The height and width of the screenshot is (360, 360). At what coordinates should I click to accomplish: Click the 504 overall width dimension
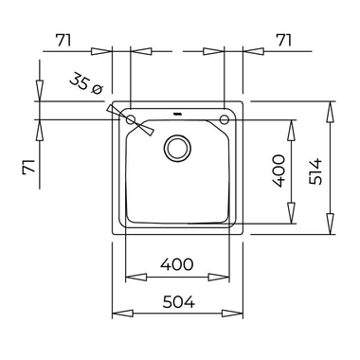pyautogui.click(x=179, y=302)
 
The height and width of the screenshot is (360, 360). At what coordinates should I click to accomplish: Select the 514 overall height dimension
pyautogui.click(x=315, y=171)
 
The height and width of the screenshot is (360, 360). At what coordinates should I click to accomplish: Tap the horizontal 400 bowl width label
pyautogui.click(x=176, y=264)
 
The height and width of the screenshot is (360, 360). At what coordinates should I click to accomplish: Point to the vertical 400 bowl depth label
pyautogui.click(x=279, y=171)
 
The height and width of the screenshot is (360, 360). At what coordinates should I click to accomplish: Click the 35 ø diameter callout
pyautogui.click(x=86, y=83)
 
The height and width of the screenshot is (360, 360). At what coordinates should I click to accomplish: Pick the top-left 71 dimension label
pyautogui.click(x=63, y=40)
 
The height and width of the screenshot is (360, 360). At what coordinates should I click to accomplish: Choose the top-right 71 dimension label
pyautogui.click(x=283, y=40)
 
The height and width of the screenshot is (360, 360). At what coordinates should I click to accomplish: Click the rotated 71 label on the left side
pyautogui.click(x=28, y=167)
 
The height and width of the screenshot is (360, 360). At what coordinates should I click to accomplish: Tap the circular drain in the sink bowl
pyautogui.click(x=177, y=148)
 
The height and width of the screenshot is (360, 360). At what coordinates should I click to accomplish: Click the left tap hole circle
pyautogui.click(x=131, y=119)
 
